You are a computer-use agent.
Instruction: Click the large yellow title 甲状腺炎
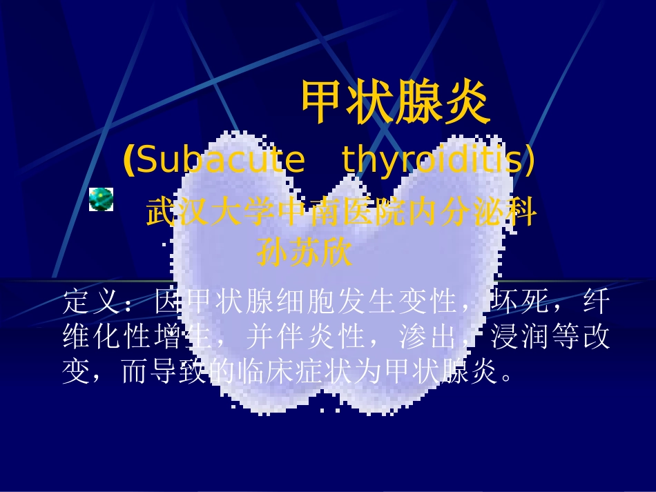click(x=395, y=103)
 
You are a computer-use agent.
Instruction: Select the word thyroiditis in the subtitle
click(x=430, y=161)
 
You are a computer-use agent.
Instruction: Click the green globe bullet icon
click(x=101, y=199)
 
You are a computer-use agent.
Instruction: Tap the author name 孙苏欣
click(x=305, y=253)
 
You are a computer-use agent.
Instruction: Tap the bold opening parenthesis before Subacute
click(x=127, y=161)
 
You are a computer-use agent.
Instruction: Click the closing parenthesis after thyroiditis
click(x=530, y=161)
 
